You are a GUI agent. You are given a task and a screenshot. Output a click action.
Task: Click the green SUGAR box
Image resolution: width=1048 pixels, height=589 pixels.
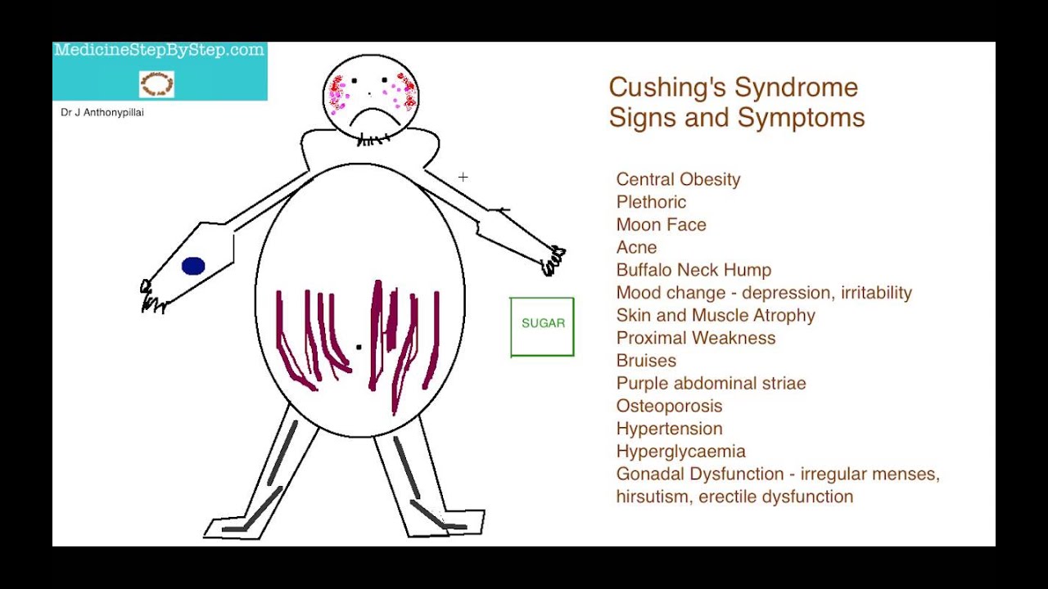coord(542,326)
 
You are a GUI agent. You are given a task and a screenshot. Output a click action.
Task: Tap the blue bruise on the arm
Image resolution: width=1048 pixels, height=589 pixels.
coord(193,266)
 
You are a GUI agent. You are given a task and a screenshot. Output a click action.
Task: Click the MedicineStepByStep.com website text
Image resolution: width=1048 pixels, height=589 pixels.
coord(160,51)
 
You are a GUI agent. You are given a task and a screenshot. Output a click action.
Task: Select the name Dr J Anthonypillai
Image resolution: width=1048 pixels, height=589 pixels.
coord(102,113)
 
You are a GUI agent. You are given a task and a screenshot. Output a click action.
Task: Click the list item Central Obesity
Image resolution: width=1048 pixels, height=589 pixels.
coord(678,180)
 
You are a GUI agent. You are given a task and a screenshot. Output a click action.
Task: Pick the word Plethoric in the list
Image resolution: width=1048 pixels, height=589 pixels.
coord(651,202)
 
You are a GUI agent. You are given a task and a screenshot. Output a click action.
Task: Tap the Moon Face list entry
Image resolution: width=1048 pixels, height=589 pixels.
coord(661,225)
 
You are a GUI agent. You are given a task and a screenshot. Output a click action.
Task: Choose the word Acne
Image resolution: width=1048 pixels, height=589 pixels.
coord(636,248)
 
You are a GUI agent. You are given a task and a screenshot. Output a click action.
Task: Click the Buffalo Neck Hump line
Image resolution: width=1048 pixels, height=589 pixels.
coord(693,270)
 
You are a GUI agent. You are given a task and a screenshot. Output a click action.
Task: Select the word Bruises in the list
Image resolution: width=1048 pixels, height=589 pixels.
coord(646,361)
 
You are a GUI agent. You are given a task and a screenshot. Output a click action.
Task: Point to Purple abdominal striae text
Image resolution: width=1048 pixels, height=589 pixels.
coord(711,384)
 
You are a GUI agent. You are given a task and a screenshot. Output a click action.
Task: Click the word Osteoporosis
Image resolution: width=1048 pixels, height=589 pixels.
coord(669,406)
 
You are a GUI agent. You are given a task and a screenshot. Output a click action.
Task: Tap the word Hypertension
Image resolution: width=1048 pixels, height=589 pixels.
coord(669,429)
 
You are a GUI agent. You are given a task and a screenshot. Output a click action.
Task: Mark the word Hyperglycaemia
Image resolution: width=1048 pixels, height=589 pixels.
coord(680,452)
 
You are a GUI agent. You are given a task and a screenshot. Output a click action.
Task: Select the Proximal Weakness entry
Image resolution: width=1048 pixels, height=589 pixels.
coord(695,338)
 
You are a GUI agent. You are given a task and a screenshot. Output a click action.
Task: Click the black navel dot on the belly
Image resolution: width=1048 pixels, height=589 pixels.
coord(359,348)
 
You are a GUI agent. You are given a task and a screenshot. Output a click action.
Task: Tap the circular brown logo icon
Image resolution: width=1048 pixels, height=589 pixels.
coord(156,84)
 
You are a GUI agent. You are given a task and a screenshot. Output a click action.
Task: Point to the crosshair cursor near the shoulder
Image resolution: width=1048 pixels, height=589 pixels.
coord(463,177)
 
